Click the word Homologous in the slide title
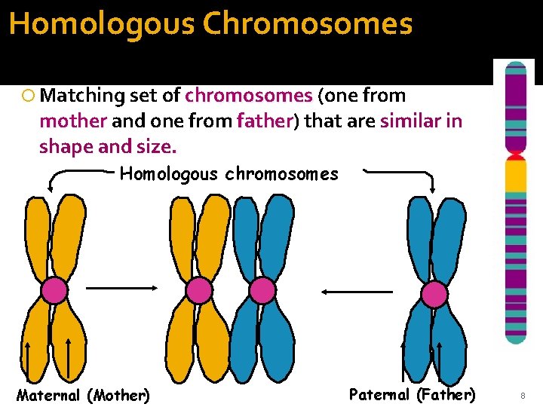pyautogui.click(x=103, y=23)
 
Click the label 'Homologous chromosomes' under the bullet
pyautogui.click(x=229, y=174)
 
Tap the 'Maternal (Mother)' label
pyautogui.click(x=83, y=395)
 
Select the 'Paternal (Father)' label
pyautogui.click(x=413, y=393)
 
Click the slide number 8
pyautogui.click(x=521, y=395)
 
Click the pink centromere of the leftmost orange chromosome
pyautogui.click(x=54, y=290)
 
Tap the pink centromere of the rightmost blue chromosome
pyautogui.click(x=434, y=294)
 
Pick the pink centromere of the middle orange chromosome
pyautogui.click(x=199, y=290)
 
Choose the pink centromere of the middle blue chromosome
pyautogui.click(x=262, y=290)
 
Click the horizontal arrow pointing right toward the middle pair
pyautogui.click(x=121, y=287)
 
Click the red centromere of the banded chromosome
pyautogui.click(x=516, y=156)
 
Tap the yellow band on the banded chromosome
pyautogui.click(x=516, y=175)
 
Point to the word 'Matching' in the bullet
pyautogui.click(x=83, y=96)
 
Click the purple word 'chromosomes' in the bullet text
pyautogui.click(x=249, y=96)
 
